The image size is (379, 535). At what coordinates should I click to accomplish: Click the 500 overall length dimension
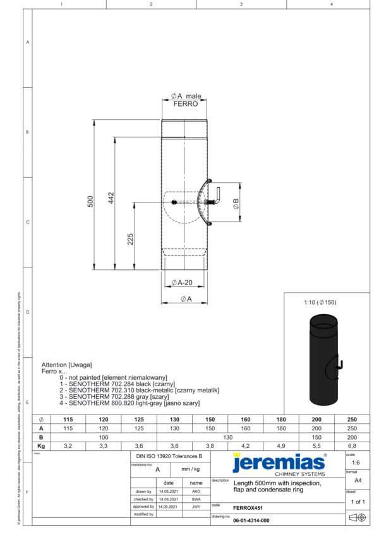[90, 201]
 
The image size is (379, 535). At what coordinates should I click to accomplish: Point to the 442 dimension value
[111, 197]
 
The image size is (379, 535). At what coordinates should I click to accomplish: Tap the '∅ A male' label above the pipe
[185, 96]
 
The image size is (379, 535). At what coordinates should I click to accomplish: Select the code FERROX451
[249, 507]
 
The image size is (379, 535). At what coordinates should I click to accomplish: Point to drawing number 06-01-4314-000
[251, 520]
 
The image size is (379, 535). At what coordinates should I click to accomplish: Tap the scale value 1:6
[356, 462]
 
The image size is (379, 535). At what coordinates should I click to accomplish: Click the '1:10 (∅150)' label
[321, 302]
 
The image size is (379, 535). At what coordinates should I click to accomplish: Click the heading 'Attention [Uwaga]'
[66, 365]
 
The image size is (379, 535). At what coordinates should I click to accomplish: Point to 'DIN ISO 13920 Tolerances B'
[169, 455]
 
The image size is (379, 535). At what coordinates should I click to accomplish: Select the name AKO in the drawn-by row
[196, 490]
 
